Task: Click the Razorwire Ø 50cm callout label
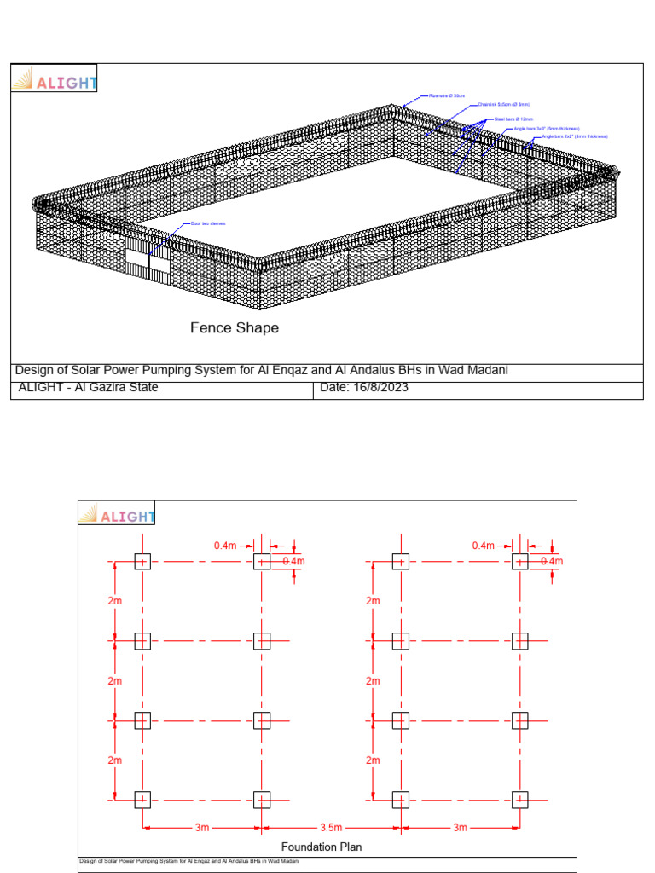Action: click(x=448, y=95)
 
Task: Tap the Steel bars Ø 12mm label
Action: click(x=514, y=119)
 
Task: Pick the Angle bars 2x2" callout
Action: click(x=576, y=136)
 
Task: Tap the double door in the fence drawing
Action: click(x=148, y=262)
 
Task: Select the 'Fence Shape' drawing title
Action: click(x=235, y=327)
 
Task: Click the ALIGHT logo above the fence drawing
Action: click(x=55, y=81)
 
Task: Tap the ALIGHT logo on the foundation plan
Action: click(x=117, y=515)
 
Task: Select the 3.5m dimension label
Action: click(x=331, y=828)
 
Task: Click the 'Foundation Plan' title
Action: click(x=322, y=847)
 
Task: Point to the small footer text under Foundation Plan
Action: click(x=189, y=861)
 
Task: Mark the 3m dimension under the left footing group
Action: click(x=202, y=828)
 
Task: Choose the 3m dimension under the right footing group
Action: click(x=460, y=828)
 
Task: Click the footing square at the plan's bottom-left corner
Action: click(x=142, y=800)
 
